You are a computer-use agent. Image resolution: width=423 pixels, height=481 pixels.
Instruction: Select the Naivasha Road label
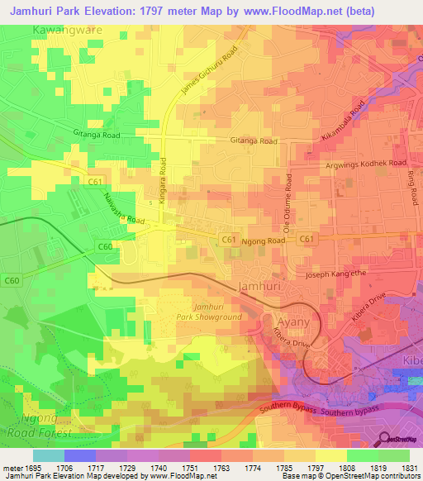(x=123, y=209)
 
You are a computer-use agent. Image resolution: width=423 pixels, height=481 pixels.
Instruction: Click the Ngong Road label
(x=264, y=240)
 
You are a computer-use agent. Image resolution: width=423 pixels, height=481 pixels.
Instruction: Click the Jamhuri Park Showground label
(x=208, y=312)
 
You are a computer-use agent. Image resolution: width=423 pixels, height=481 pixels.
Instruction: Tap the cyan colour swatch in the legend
(x=48, y=455)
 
